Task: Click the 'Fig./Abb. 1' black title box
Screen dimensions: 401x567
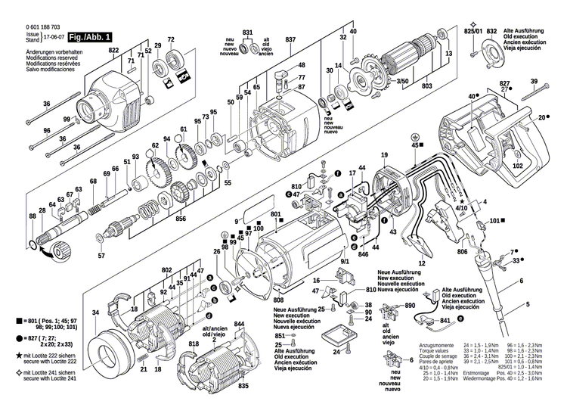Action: [91, 36]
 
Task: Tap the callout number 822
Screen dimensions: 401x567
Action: [114, 50]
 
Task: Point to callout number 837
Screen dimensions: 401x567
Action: [290, 40]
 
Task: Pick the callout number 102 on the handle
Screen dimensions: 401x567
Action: [518, 165]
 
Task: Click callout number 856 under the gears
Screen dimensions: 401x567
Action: [181, 219]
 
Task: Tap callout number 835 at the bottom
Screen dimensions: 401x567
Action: [244, 386]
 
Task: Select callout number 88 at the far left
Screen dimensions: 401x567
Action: [33, 217]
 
